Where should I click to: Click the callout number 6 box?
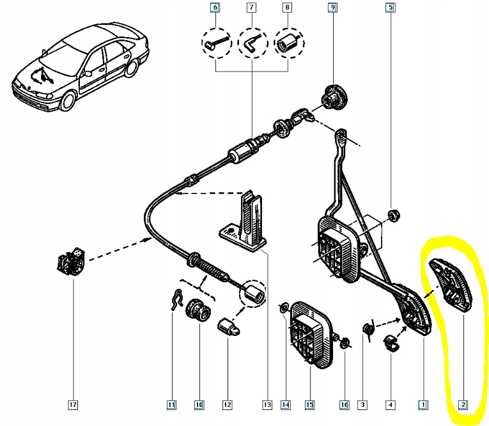(215, 8)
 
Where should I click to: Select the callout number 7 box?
(251, 8)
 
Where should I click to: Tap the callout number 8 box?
(287, 8)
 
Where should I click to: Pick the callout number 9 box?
(332, 8)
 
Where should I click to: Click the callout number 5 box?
(390, 8)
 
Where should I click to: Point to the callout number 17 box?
(74, 404)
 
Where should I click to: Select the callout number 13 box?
(267, 404)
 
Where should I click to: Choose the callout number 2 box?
(462, 404)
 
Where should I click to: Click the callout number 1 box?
(423, 404)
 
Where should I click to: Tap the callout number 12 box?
(227, 404)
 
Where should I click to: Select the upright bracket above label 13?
(249, 220)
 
